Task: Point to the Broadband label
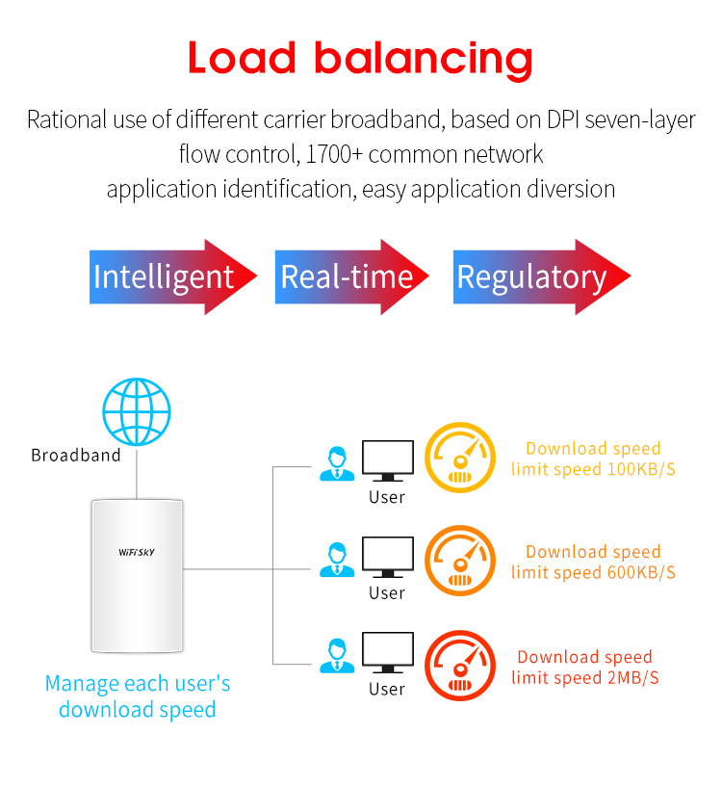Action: (x=76, y=455)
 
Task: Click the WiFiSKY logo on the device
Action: (x=137, y=553)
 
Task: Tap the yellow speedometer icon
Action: (x=460, y=457)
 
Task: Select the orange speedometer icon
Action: (x=460, y=561)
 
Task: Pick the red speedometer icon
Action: (x=460, y=665)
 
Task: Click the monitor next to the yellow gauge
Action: (x=387, y=461)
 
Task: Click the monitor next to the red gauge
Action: (x=387, y=653)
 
